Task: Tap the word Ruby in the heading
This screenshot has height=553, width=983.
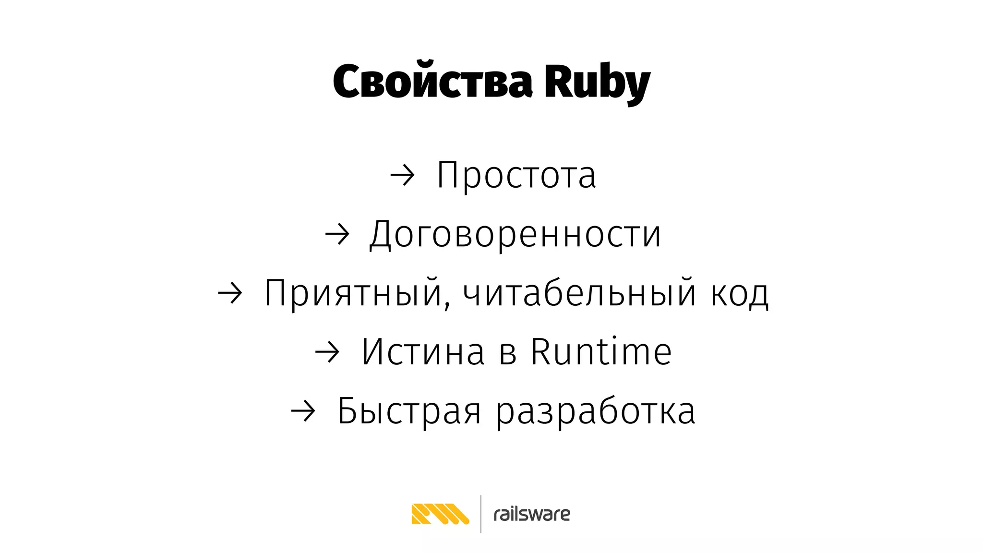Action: point(597,83)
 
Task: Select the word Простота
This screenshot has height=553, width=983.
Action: point(516,175)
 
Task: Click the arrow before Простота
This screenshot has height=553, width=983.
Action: point(402,176)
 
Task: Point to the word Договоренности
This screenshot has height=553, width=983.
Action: point(515,234)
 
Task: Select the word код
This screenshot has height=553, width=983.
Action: point(739,294)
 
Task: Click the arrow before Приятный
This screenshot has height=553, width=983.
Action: point(230,294)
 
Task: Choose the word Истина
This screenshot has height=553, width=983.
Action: point(423,352)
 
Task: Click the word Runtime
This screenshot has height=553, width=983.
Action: point(601,352)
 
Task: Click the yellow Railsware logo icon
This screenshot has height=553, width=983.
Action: point(440,514)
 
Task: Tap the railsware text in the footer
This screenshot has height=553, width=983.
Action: point(532,515)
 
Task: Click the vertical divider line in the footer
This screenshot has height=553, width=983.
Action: point(481,514)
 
